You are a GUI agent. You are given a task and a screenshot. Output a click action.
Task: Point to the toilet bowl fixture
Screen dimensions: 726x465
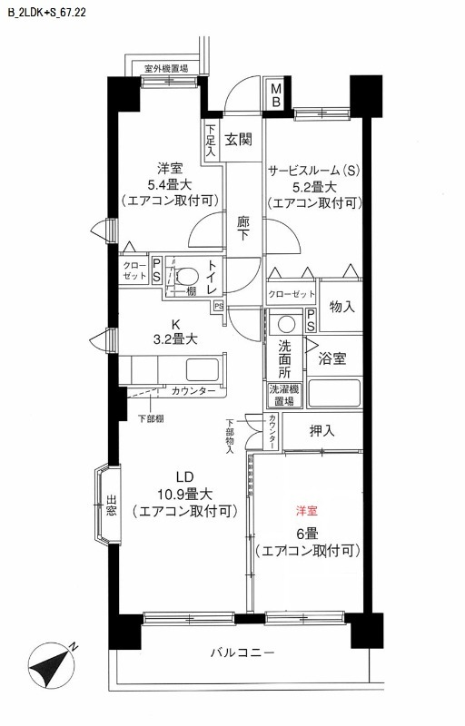point(189,275)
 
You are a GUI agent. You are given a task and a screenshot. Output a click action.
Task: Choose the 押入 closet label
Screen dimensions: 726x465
point(322,430)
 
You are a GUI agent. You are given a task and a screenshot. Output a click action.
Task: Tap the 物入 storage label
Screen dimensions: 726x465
point(341,307)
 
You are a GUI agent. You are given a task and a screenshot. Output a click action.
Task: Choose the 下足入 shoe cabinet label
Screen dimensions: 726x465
point(210,142)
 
